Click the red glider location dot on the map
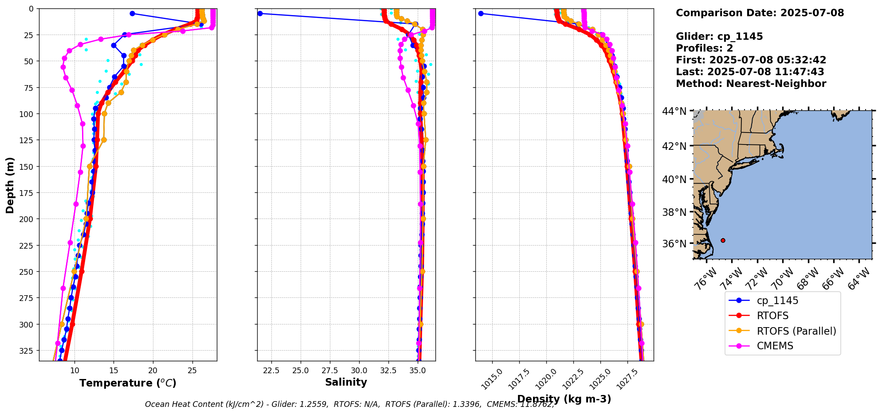pos(723,240)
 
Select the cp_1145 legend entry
pos(777,301)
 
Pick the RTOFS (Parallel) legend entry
pos(796,331)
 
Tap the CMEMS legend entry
pos(775,346)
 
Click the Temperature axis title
pos(128,383)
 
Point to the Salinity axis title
pos(346,382)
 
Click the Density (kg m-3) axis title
pos(564,399)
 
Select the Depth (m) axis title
pos(10,185)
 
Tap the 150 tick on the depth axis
pos(27,167)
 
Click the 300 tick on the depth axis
pos(27,324)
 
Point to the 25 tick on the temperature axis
pos(192,371)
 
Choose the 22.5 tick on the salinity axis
pos(271,371)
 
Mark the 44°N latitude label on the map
pos(674,111)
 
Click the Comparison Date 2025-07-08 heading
pos(760,13)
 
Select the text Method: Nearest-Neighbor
pos(751,84)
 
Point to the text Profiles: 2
pos(704,48)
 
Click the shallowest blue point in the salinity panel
pos(260,13)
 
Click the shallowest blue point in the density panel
pos(481,13)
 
